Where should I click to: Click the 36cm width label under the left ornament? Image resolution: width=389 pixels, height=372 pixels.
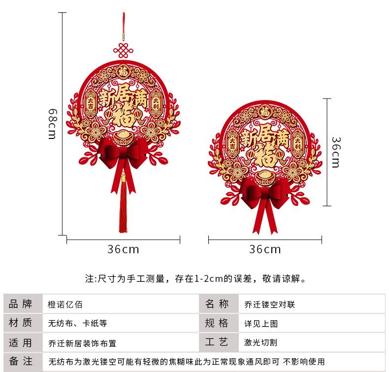tap(123, 249)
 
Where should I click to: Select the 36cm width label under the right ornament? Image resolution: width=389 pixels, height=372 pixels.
tap(265, 249)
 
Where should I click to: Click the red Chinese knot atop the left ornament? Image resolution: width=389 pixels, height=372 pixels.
tap(123, 50)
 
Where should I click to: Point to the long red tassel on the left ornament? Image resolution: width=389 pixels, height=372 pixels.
tap(123, 209)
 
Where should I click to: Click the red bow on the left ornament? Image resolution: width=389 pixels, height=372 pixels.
tap(123, 153)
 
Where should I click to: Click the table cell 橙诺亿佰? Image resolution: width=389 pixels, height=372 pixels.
tap(65, 304)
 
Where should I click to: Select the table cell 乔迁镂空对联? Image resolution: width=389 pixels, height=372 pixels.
tap(269, 304)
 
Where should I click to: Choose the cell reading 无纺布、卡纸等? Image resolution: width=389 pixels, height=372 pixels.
tap(77, 324)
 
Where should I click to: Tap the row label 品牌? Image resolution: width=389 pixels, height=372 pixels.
tap(21, 304)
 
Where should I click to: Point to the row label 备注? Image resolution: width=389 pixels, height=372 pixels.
tap(21, 361)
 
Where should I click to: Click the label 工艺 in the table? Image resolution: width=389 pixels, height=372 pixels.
tap(217, 342)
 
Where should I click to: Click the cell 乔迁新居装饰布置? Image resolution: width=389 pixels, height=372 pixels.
tap(82, 342)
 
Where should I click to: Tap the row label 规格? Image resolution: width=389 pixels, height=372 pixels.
tap(217, 323)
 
